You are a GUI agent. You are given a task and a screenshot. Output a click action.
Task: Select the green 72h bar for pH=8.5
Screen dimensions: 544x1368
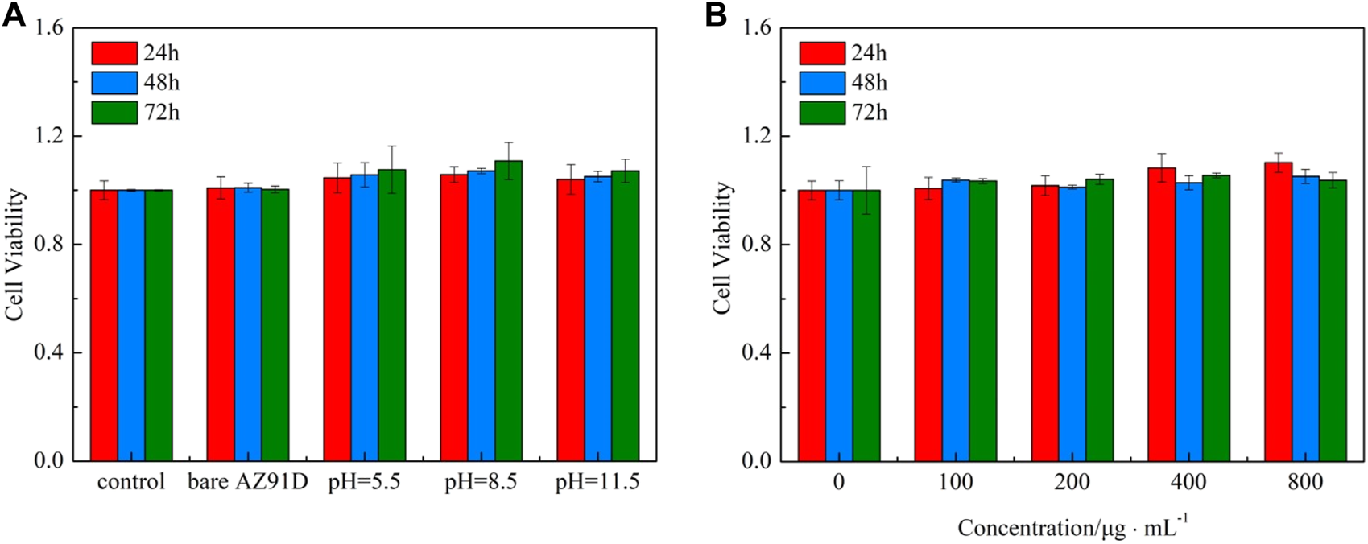click(x=508, y=314)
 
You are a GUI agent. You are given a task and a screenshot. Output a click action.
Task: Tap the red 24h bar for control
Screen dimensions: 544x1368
click(x=104, y=326)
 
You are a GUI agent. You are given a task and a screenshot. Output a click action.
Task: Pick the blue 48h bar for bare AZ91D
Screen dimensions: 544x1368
click(x=248, y=326)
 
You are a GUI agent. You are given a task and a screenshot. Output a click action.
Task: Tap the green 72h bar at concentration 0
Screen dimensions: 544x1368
click(x=866, y=326)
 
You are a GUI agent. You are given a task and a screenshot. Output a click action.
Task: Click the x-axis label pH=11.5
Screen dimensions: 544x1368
click(x=597, y=483)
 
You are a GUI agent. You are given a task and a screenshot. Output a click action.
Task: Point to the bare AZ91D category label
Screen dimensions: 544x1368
click(x=248, y=483)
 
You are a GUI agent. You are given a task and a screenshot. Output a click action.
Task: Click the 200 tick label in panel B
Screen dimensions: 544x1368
click(x=1072, y=483)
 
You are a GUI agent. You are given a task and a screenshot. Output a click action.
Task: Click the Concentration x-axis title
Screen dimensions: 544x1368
click(x=1072, y=527)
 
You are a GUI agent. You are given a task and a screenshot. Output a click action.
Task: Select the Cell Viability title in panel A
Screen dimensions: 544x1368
click(x=15, y=255)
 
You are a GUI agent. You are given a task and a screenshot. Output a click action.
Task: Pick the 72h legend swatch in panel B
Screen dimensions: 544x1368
click(x=822, y=113)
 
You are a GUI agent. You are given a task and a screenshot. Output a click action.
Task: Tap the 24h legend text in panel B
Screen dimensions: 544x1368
click(x=870, y=53)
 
